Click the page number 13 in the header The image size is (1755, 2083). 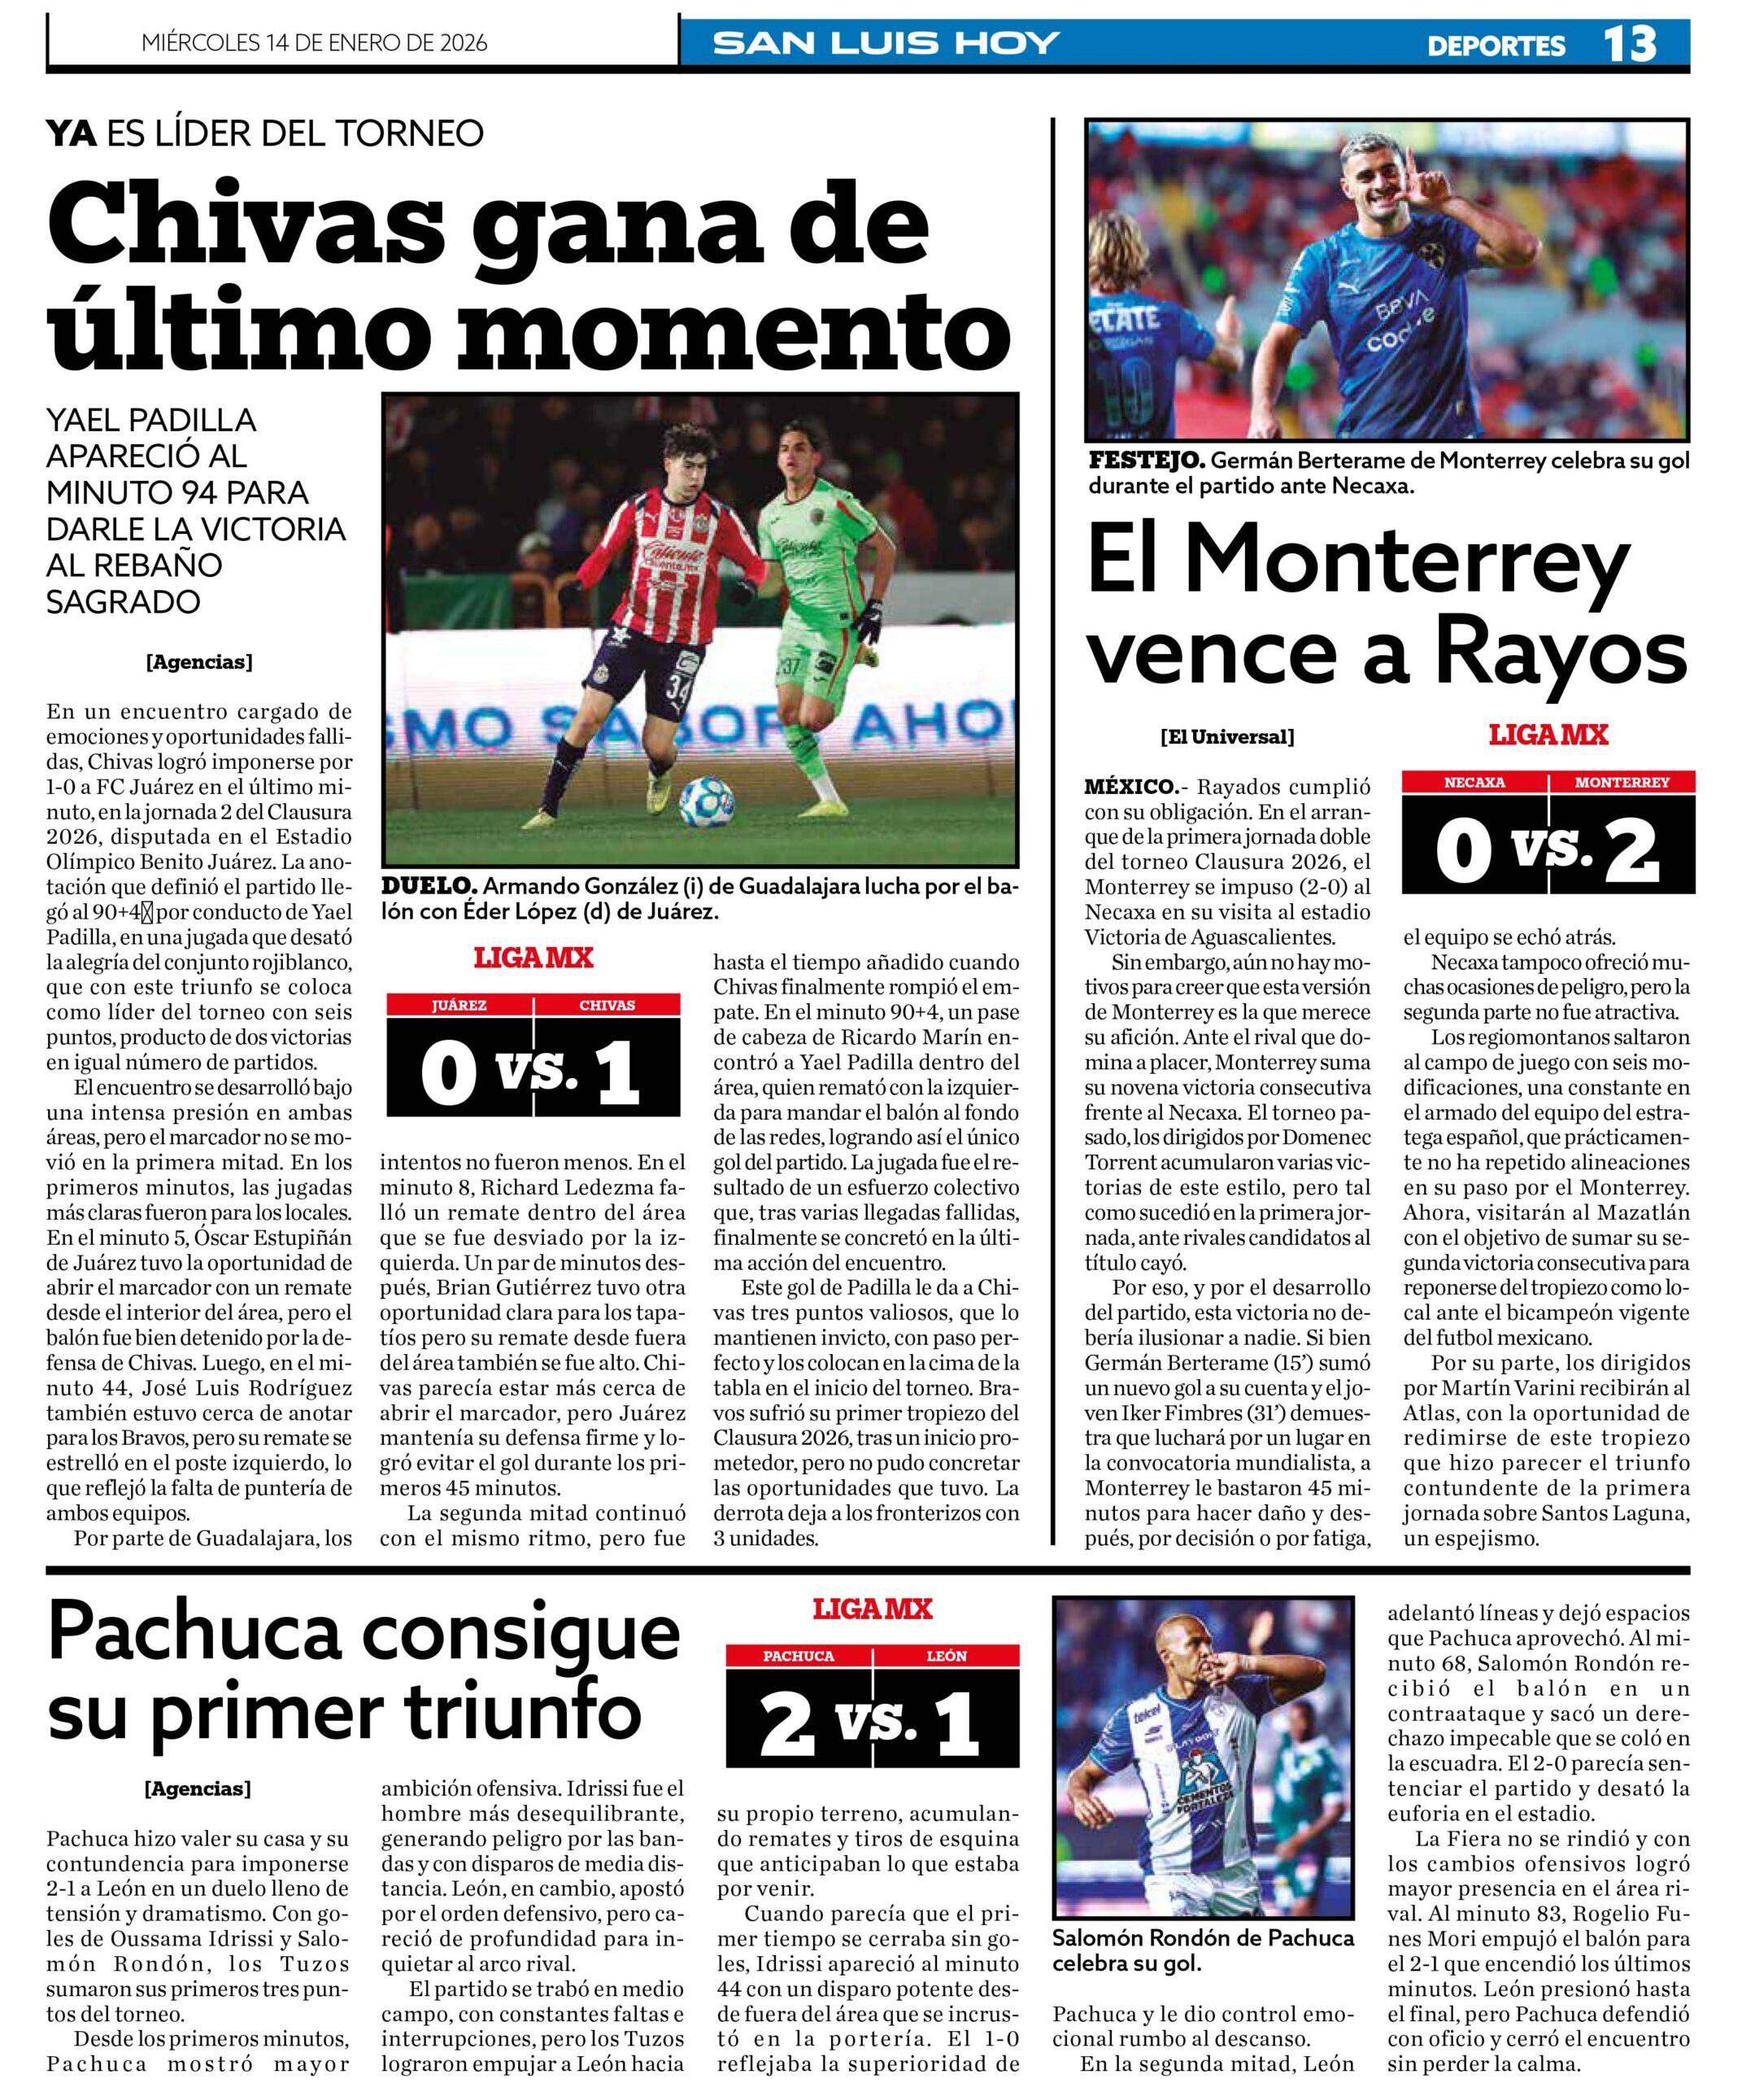[1630, 44]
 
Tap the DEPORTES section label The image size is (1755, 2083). [1496, 46]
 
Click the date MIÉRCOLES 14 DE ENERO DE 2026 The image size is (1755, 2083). [315, 43]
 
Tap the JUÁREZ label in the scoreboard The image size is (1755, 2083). [459, 1005]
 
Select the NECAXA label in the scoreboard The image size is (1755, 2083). [1474, 782]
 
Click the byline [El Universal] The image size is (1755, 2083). [1226, 737]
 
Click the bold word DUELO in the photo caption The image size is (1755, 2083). [429, 884]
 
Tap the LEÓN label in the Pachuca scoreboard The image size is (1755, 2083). [946, 1656]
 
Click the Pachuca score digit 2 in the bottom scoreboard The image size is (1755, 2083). [786, 1723]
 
